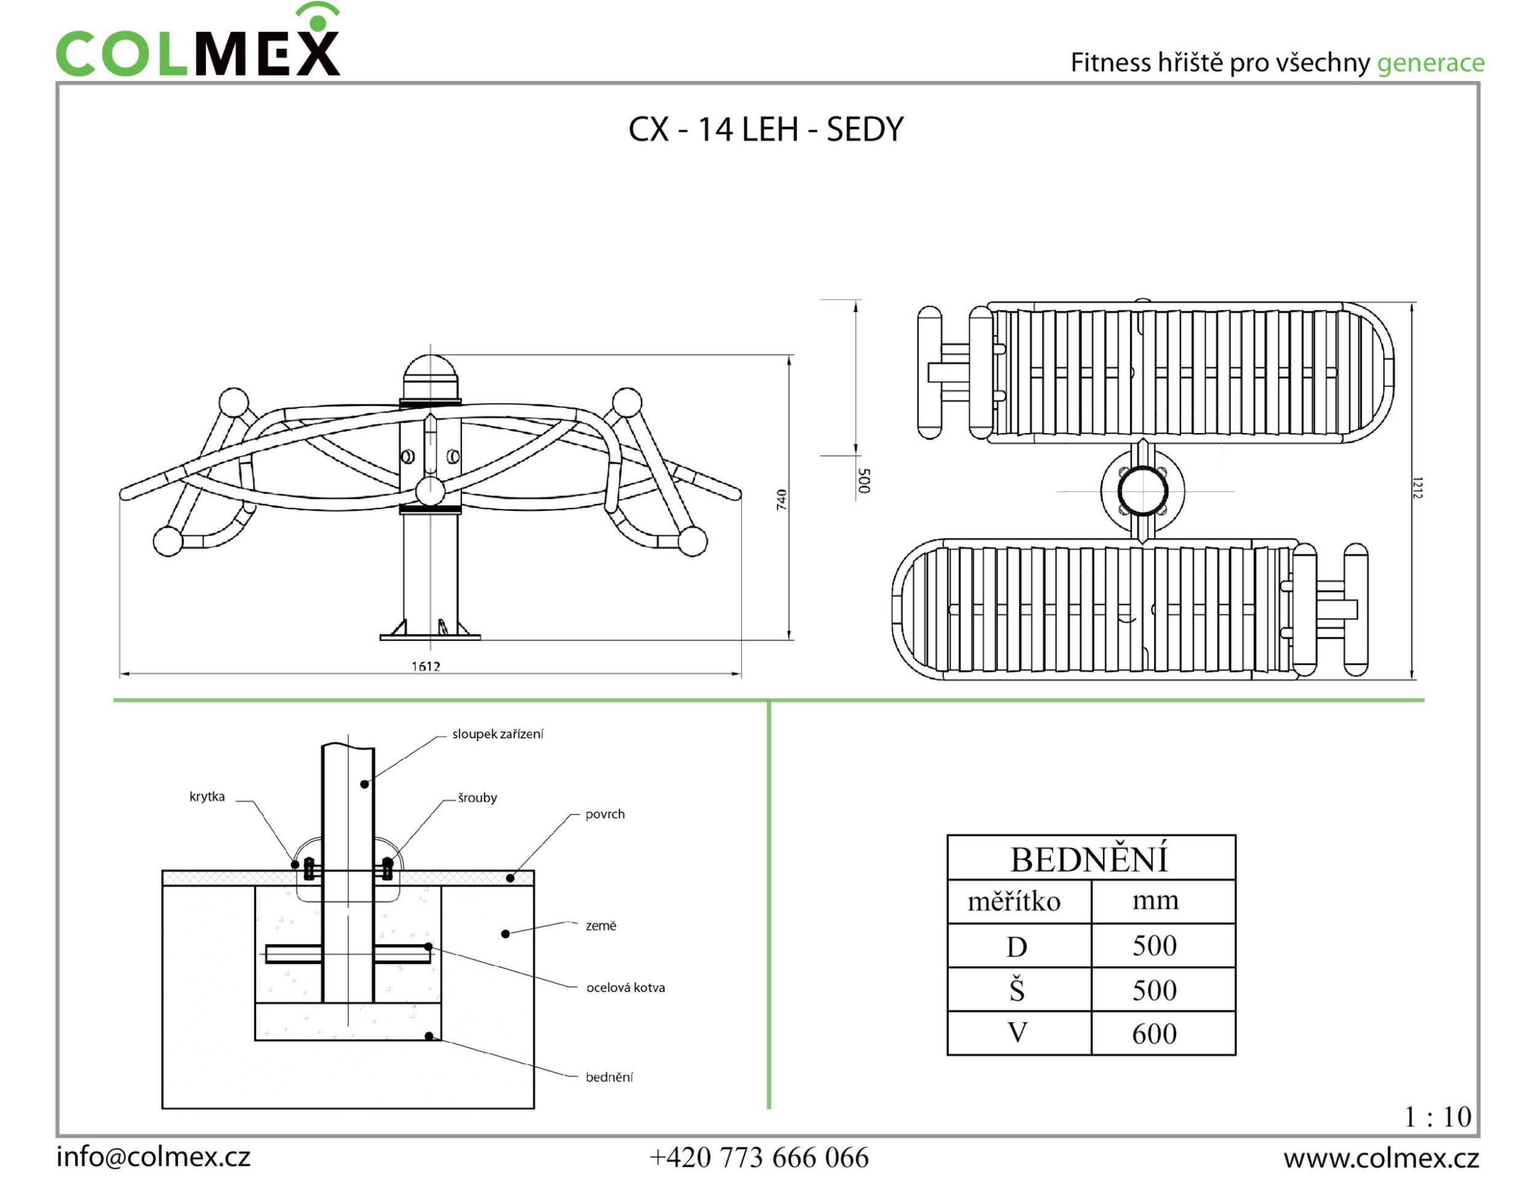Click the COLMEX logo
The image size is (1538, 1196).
tap(197, 41)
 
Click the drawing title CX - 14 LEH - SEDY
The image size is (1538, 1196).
tap(765, 130)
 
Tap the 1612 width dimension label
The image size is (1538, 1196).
tap(426, 666)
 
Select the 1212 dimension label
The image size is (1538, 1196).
tap(1417, 487)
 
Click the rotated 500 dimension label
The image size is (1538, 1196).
tap(865, 480)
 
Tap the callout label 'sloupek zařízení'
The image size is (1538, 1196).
tap(497, 734)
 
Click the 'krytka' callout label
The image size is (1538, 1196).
tap(207, 797)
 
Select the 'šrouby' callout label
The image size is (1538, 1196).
tap(477, 797)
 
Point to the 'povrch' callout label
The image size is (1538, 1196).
tap(605, 814)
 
